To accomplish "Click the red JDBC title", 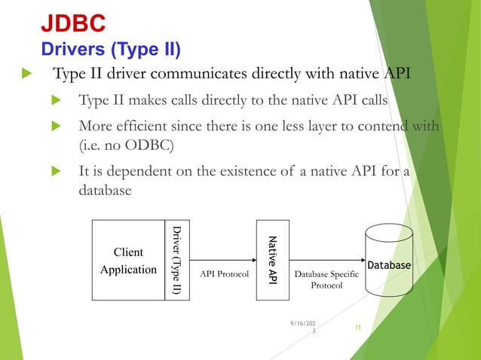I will coord(72,23).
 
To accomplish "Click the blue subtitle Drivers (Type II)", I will coord(110,50).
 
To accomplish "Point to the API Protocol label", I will coord(224,275).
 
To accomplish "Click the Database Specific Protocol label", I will coord(326,280).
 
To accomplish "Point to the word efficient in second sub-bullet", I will coord(146,124).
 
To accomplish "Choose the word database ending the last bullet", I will coord(106,191).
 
